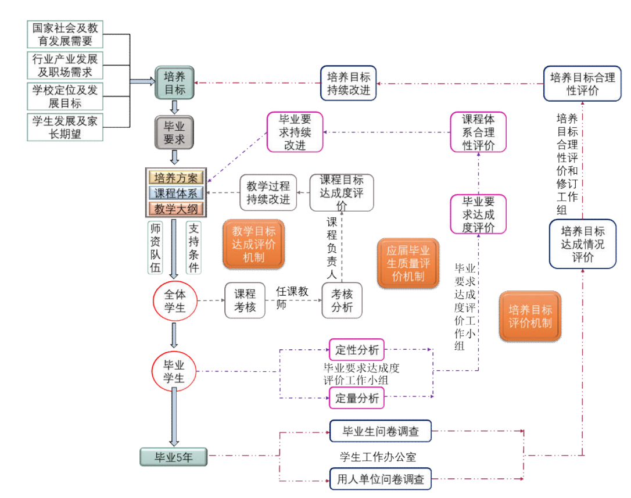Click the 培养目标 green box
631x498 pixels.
174,83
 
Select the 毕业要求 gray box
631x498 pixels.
174,132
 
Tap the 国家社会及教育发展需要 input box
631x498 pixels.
65,34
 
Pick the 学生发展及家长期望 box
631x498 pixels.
65,127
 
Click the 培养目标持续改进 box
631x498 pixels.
349,84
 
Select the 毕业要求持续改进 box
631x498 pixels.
295,132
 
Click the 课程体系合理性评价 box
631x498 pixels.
478,132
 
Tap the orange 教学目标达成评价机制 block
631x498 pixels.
253,243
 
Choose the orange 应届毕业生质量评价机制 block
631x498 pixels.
408,263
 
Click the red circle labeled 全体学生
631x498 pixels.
174,300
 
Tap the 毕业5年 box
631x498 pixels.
174,457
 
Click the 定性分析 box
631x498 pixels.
357,350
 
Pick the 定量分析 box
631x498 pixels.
357,398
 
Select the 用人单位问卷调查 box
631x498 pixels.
381,480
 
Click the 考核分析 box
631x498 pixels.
342,300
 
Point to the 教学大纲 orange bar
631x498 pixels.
175,209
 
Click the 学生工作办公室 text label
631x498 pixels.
378,457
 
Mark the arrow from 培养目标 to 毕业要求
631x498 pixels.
174,107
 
